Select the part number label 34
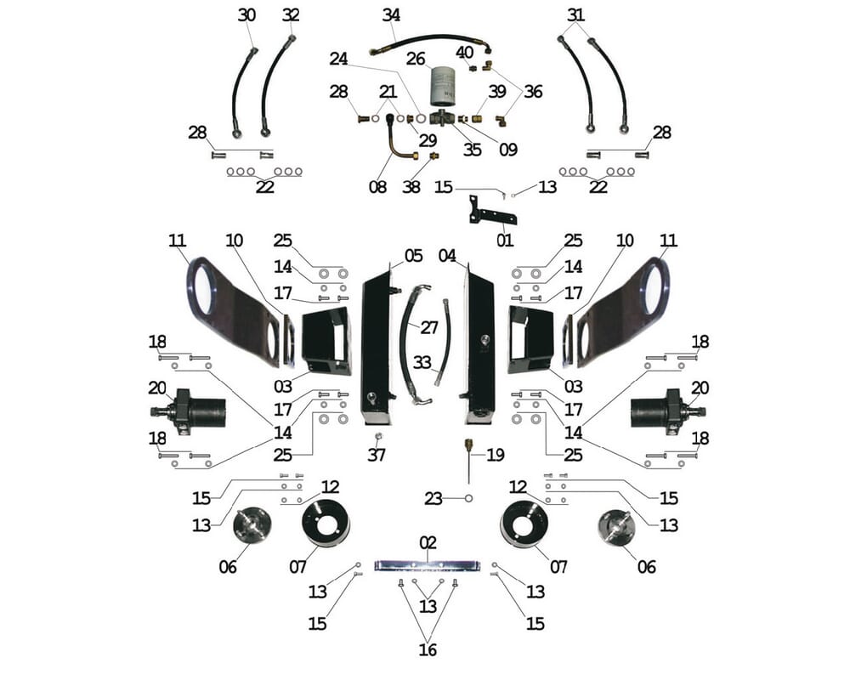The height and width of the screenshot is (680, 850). point(391,15)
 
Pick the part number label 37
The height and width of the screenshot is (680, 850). point(377,455)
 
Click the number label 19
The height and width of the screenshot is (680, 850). point(496,455)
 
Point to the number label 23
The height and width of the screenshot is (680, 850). point(433,499)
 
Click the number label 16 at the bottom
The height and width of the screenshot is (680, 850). point(428,650)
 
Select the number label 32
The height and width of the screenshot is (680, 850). point(291,15)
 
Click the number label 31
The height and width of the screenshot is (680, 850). point(576,15)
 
